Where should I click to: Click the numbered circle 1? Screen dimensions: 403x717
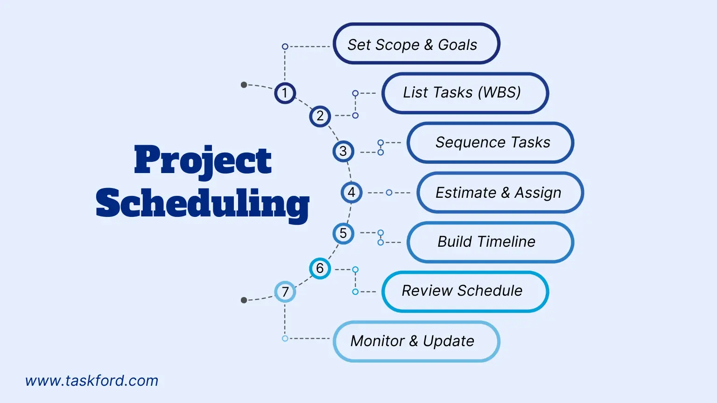[x=285, y=93]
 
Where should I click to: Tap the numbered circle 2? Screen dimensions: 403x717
[x=320, y=116]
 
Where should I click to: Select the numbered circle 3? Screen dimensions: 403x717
[x=343, y=151]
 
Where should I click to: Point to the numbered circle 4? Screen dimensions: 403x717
[x=351, y=192]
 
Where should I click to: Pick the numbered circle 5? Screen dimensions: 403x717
[x=343, y=233]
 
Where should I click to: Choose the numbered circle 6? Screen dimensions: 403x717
[x=320, y=268]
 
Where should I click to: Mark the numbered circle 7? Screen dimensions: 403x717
[x=285, y=292]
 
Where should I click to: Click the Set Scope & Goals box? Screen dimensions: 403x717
[x=416, y=44]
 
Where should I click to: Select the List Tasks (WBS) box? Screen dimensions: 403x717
[x=465, y=93]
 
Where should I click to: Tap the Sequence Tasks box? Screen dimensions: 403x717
[x=490, y=142]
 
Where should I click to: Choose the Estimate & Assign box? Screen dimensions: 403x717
[x=499, y=192]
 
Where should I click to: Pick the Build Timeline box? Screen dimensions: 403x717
[x=490, y=242]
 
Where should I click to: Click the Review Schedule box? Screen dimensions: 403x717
[x=465, y=291]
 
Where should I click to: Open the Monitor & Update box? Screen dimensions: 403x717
[x=416, y=341]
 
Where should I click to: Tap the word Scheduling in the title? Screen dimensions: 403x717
[x=203, y=203]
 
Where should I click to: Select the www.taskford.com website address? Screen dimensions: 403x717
[x=92, y=381]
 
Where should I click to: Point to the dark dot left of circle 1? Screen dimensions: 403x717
[x=244, y=85]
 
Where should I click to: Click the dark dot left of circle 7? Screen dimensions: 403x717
[x=244, y=300]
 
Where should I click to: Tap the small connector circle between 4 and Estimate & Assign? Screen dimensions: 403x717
[x=389, y=192]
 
